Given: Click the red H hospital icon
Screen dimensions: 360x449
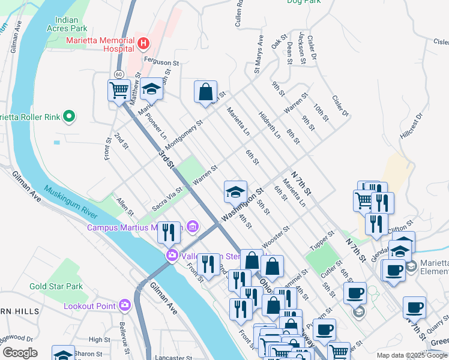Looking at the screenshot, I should (x=143, y=43).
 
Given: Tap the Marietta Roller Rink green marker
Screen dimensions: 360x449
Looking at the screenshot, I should (x=70, y=116).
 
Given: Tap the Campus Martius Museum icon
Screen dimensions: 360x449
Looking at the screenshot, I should (x=192, y=226).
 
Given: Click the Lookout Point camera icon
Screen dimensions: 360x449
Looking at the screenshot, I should (x=125, y=305).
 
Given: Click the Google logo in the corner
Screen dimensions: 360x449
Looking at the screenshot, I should (x=20, y=353).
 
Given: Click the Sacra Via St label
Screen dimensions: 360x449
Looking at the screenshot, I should (x=166, y=199).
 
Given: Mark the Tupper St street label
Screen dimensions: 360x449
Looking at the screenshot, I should (x=321, y=240).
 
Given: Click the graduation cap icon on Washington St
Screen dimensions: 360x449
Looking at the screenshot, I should (x=235, y=192).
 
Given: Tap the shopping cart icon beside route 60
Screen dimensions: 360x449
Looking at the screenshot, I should (x=119, y=91).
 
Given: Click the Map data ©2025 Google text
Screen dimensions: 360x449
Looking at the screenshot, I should (x=411, y=355).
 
